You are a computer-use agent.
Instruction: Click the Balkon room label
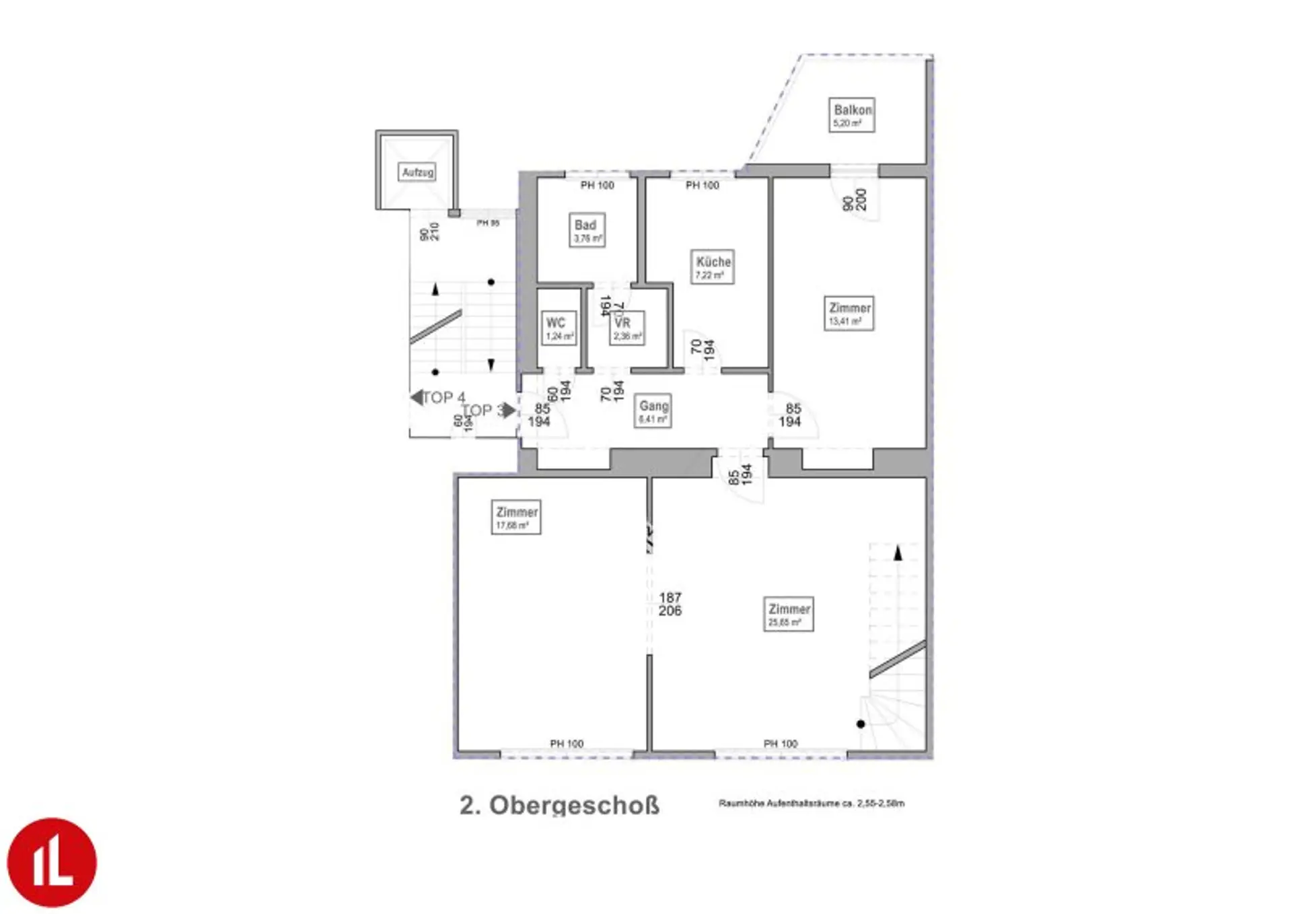click(x=852, y=115)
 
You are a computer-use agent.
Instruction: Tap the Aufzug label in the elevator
click(x=417, y=172)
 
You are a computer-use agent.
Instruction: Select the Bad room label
click(x=587, y=230)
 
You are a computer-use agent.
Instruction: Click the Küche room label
click(x=713, y=267)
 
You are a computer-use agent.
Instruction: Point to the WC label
click(x=559, y=328)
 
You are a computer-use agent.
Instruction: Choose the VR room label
click(x=626, y=328)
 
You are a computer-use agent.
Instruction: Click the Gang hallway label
click(x=653, y=411)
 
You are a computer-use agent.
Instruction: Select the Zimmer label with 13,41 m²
click(x=849, y=313)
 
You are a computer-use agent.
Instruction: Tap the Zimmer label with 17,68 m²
click(x=516, y=518)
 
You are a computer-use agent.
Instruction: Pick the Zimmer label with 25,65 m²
click(x=789, y=614)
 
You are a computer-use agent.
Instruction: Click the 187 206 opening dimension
click(x=670, y=604)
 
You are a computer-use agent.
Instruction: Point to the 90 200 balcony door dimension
click(x=855, y=201)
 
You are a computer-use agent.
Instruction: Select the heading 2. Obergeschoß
click(x=559, y=806)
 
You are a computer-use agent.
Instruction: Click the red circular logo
click(x=52, y=862)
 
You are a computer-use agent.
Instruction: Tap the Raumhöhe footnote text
click(x=812, y=803)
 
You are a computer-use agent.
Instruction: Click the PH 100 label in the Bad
click(x=597, y=185)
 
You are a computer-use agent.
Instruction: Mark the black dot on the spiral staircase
click(x=861, y=724)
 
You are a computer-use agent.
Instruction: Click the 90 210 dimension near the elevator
click(x=429, y=232)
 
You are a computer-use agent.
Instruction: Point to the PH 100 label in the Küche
click(x=702, y=185)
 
